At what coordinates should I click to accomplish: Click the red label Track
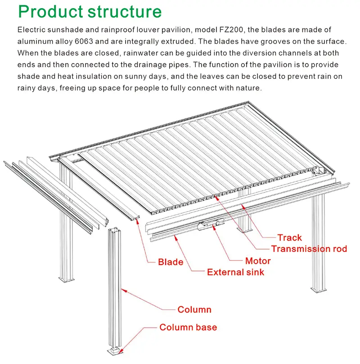tap(289, 238)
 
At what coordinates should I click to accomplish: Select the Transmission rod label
tap(309, 249)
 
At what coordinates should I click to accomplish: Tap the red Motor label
tap(258, 261)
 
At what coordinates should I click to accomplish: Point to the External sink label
tap(235, 272)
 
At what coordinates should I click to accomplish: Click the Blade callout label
tap(171, 262)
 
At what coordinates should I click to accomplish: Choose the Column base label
tap(188, 327)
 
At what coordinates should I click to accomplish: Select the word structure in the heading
tap(125, 12)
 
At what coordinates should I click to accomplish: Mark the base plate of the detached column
tap(115, 351)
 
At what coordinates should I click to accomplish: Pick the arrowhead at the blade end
tap(138, 220)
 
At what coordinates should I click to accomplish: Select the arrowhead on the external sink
tap(175, 237)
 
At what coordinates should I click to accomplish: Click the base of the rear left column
tap(67, 279)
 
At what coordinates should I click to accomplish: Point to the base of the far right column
tap(319, 290)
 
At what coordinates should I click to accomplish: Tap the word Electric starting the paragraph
tap(31, 30)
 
